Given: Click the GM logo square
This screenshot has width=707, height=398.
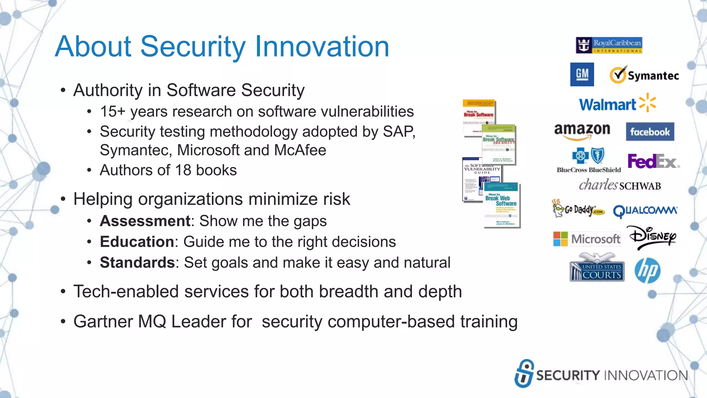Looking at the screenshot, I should (x=582, y=74).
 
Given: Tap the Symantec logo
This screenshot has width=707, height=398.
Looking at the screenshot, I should (x=644, y=75).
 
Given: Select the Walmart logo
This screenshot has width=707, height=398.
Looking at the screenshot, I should (x=617, y=104).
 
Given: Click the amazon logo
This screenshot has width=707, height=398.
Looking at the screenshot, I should (x=582, y=131).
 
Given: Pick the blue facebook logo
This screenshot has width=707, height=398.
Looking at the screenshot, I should (x=650, y=132).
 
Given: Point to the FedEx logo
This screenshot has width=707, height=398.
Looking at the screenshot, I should (x=653, y=161).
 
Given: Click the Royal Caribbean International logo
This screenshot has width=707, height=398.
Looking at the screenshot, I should (x=609, y=45).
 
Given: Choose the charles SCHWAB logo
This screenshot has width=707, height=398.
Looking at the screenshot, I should (x=620, y=185).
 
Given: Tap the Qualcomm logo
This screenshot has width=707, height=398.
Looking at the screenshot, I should (x=645, y=210).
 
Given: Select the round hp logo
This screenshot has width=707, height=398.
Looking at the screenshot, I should (x=647, y=271).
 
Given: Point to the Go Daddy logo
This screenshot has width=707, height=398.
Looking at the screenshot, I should (x=578, y=208).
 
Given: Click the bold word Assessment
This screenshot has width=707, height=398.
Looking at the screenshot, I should (x=145, y=221).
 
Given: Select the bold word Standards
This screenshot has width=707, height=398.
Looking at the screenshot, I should (x=137, y=263).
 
